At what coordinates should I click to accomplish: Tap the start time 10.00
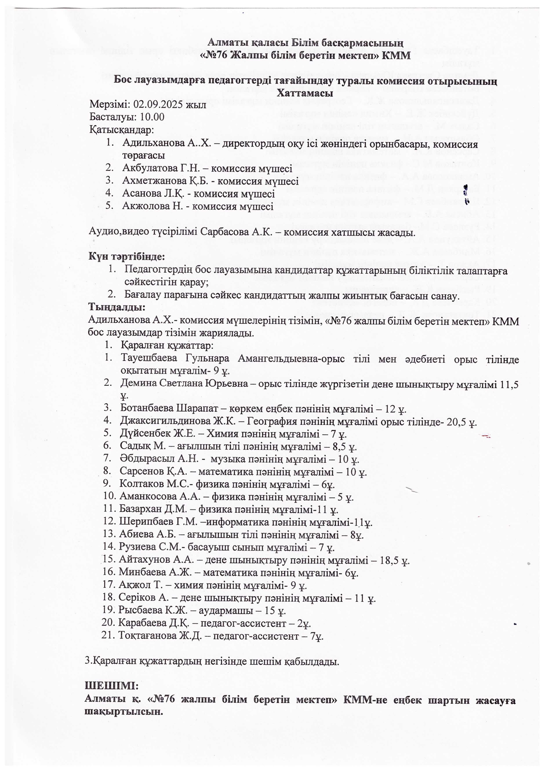tap(152, 117)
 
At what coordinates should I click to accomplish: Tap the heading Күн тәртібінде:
tap(127, 256)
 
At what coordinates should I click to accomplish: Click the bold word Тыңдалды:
tap(116, 306)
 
